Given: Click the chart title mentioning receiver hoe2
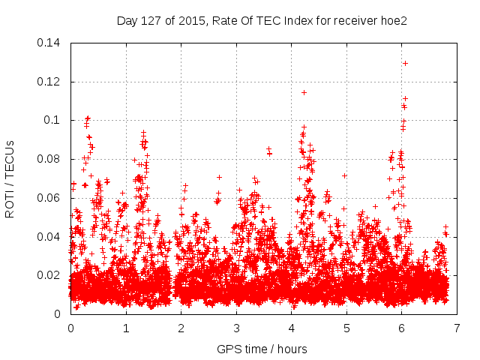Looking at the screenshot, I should pyautogui.click(x=262, y=19).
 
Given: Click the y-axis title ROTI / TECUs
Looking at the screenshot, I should pyautogui.click(x=10, y=178).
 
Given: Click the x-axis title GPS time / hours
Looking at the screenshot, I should pyautogui.click(x=262, y=349).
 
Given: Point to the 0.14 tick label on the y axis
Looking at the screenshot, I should pyautogui.click(x=50, y=42).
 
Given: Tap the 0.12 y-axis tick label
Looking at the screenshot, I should pyautogui.click(x=50, y=81).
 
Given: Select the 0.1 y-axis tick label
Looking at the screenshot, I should pyautogui.click(x=53, y=120).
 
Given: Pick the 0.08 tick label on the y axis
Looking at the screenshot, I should pyautogui.click(x=50, y=159).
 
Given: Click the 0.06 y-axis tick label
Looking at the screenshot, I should pyautogui.click(x=50, y=198).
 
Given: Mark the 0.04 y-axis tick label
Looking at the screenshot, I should pyautogui.click(x=50, y=237).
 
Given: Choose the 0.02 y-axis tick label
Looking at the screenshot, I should pyautogui.click(x=50, y=275).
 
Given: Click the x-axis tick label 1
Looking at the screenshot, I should pyautogui.click(x=126, y=328).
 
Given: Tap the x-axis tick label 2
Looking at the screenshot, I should pyautogui.click(x=181, y=328).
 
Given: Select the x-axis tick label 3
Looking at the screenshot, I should pyautogui.click(x=236, y=328).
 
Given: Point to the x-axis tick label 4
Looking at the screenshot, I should pyautogui.click(x=292, y=328).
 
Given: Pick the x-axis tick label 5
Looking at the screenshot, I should pyautogui.click(x=346, y=328).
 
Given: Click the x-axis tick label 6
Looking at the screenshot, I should pyautogui.click(x=402, y=328).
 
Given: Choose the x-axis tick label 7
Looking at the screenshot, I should pyautogui.click(x=457, y=328).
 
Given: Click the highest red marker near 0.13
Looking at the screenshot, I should pyautogui.click(x=405, y=63).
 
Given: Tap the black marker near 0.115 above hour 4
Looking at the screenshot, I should pyautogui.click(x=304, y=92).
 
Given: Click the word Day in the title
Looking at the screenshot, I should pyautogui.click(x=127, y=19).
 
